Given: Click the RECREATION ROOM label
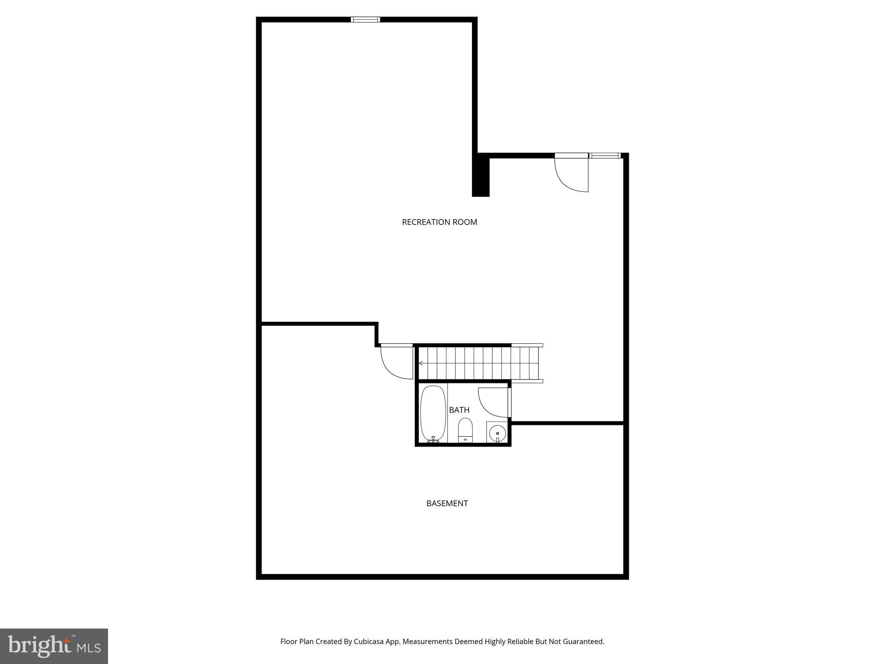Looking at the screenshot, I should pos(439,222).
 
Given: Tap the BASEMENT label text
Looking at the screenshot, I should pos(447,503).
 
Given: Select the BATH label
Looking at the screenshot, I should pos(459,410).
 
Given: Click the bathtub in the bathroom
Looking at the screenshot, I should pos(433,413).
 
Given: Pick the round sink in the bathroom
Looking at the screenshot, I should pos(497,432).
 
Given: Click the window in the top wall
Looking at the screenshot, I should pos(365,19).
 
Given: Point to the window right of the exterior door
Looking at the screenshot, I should pos(605,156).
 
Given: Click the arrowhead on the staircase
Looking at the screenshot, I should pos(420,363).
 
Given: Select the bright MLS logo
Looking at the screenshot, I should pos(54,646).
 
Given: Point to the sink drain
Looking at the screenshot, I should pos(497,433).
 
